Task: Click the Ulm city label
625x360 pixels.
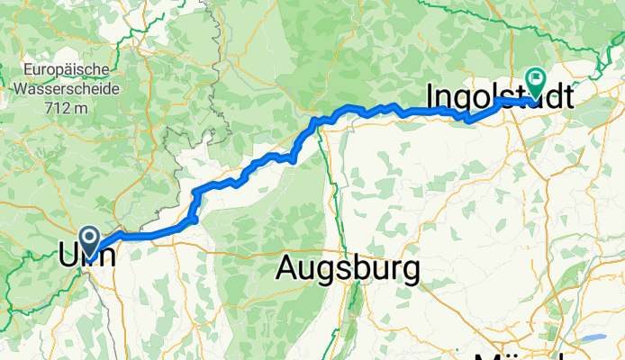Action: coord(90,254)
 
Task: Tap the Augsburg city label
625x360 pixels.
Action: coord(349,267)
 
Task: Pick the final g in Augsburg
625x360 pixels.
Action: coord(411,270)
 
